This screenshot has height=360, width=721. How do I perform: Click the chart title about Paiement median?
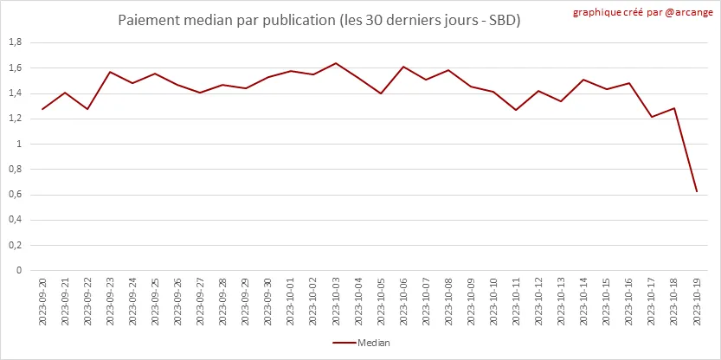(x=320, y=19)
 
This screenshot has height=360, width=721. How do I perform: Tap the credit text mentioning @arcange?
(x=643, y=13)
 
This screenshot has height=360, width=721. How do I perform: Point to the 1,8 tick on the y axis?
(x=15, y=42)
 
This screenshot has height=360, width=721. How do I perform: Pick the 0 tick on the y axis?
(x=19, y=270)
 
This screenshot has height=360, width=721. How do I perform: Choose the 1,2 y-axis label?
(x=15, y=119)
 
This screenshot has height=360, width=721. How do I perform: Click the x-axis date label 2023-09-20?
(x=42, y=300)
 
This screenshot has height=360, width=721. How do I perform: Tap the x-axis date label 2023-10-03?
(x=336, y=300)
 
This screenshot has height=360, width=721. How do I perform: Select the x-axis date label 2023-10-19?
(x=697, y=300)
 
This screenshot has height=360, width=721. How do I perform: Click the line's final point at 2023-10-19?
(x=697, y=191)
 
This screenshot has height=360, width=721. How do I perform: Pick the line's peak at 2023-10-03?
(x=336, y=63)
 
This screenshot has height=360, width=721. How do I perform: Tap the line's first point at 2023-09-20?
(x=42, y=109)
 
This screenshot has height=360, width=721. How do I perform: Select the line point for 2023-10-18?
(x=674, y=108)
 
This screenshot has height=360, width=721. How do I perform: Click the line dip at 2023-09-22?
(x=87, y=109)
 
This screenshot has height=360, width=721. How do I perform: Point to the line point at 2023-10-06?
(x=403, y=67)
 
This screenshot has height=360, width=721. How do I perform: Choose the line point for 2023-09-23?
(x=110, y=72)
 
